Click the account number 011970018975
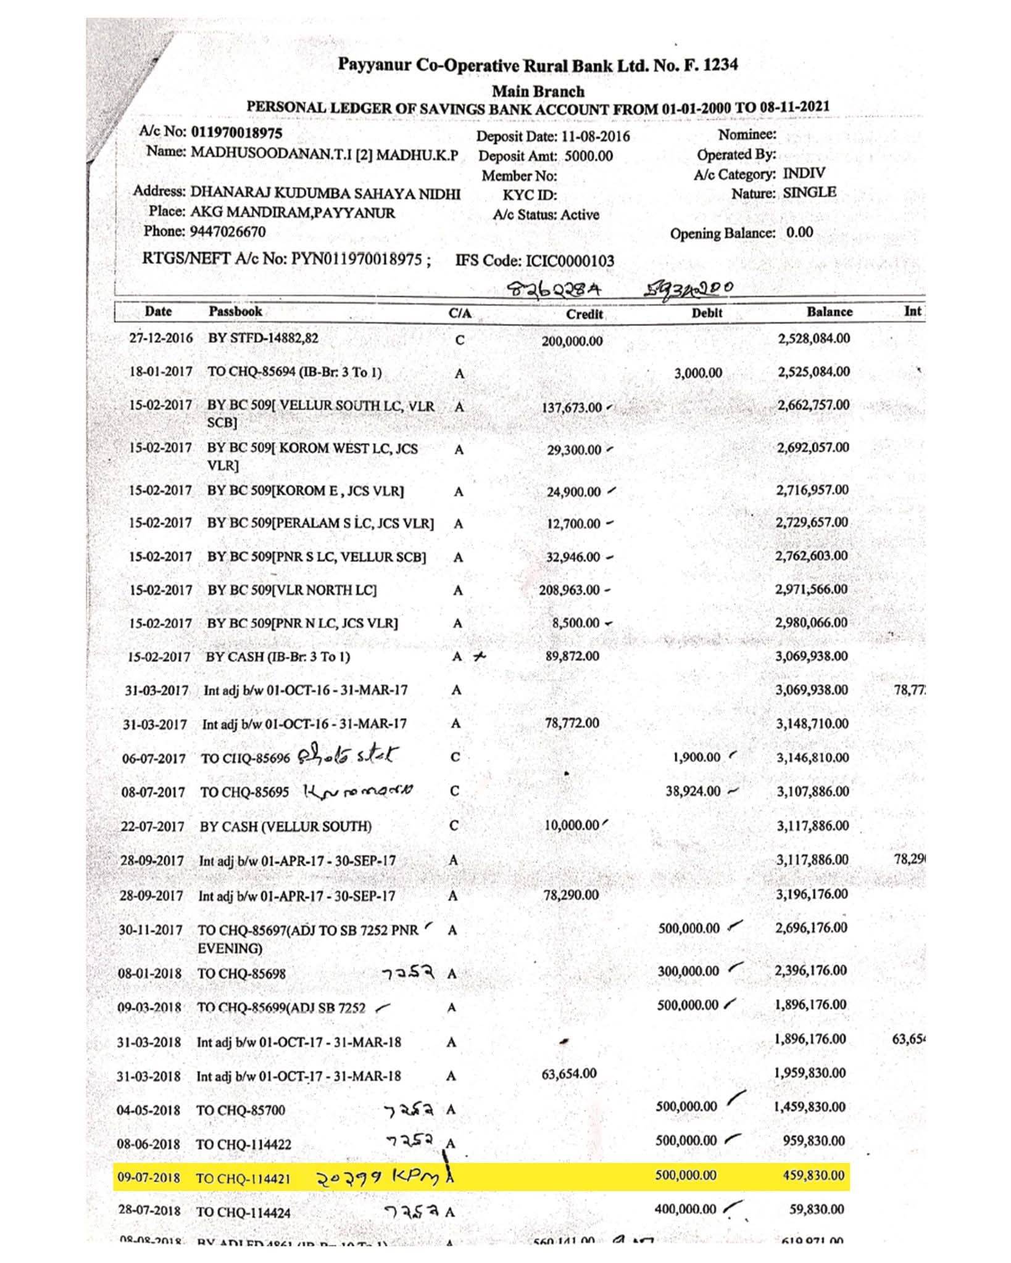(236, 133)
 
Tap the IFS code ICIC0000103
(569, 261)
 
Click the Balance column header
(829, 312)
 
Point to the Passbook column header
(235, 311)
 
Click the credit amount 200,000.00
(572, 341)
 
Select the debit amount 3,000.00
(697, 373)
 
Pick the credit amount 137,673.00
(571, 408)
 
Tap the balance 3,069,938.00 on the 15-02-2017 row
(812, 656)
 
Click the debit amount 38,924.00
(693, 791)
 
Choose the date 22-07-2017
(152, 826)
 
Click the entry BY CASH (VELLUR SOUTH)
(286, 826)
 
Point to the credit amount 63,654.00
(569, 1073)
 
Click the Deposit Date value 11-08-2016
(596, 136)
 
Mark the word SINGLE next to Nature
(809, 192)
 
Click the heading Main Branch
(538, 91)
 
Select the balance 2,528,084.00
(812, 339)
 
